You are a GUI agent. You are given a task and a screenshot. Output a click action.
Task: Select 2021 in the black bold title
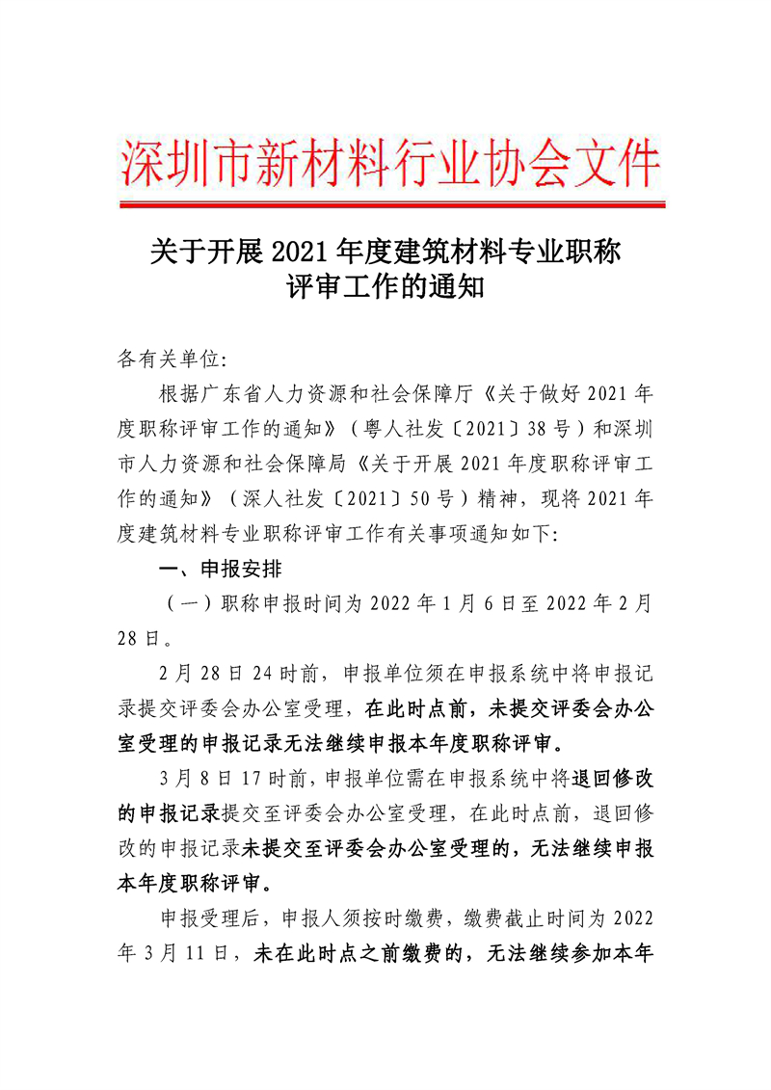click(301, 253)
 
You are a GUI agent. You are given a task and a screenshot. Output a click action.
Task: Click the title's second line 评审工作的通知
click(385, 287)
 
